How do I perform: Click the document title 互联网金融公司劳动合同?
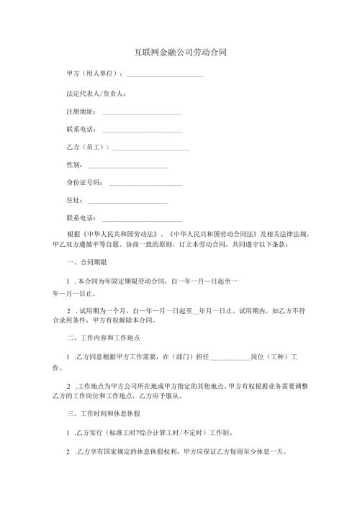[181, 53]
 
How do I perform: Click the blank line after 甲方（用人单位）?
[165, 76]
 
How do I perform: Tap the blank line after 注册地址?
[142, 113]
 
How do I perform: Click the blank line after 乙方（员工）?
[150, 148]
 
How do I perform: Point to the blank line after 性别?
[128, 166]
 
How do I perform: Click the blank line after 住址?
[128, 201]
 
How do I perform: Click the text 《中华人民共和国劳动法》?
[120, 235]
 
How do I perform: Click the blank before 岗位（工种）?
[230, 358]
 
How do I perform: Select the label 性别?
[73, 166]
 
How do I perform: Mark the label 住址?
[73, 201]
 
